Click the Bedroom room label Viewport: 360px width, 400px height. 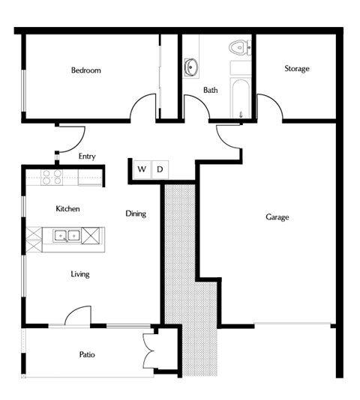point(85,70)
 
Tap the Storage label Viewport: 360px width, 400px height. point(296,69)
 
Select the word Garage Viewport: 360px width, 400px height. point(277,217)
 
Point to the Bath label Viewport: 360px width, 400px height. point(211,90)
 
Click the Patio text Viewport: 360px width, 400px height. point(86,354)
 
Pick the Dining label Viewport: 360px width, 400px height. point(135,213)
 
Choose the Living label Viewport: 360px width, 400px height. point(79,274)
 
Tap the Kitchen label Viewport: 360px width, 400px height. point(67,209)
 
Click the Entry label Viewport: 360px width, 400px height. point(87,157)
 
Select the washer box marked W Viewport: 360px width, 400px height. point(142,169)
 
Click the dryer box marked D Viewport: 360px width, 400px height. point(159,169)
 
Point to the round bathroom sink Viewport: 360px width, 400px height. point(190,67)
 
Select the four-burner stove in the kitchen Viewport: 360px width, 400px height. point(52,178)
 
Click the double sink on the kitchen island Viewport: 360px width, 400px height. point(67,236)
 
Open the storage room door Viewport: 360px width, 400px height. point(271,107)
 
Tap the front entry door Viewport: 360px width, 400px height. point(71,138)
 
